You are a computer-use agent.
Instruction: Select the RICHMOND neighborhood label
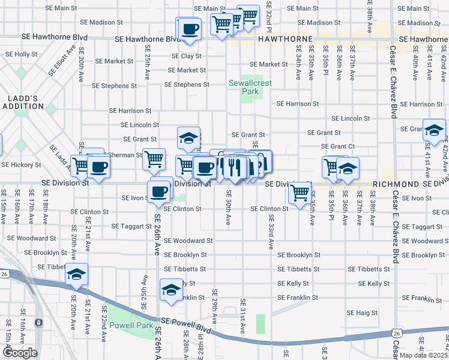pyautogui.click(x=394, y=184)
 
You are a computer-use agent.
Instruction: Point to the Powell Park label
pyautogui.click(x=122, y=326)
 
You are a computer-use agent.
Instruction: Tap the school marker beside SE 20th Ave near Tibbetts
pyautogui.click(x=77, y=275)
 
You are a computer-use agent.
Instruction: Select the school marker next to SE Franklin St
pyautogui.click(x=171, y=290)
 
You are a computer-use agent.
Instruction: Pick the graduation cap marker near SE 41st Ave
pyautogui.click(x=433, y=130)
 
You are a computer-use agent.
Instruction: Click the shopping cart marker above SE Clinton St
pyautogui.click(x=299, y=193)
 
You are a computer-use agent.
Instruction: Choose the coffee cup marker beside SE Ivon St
pyautogui.click(x=159, y=191)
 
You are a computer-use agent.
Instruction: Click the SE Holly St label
pyautogui.click(x=21, y=54)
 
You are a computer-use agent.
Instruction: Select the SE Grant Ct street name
pyautogui.click(x=338, y=146)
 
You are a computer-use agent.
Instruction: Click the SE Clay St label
pyautogui.click(x=186, y=56)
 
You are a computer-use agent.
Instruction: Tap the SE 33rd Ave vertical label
pyautogui.click(x=271, y=236)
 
